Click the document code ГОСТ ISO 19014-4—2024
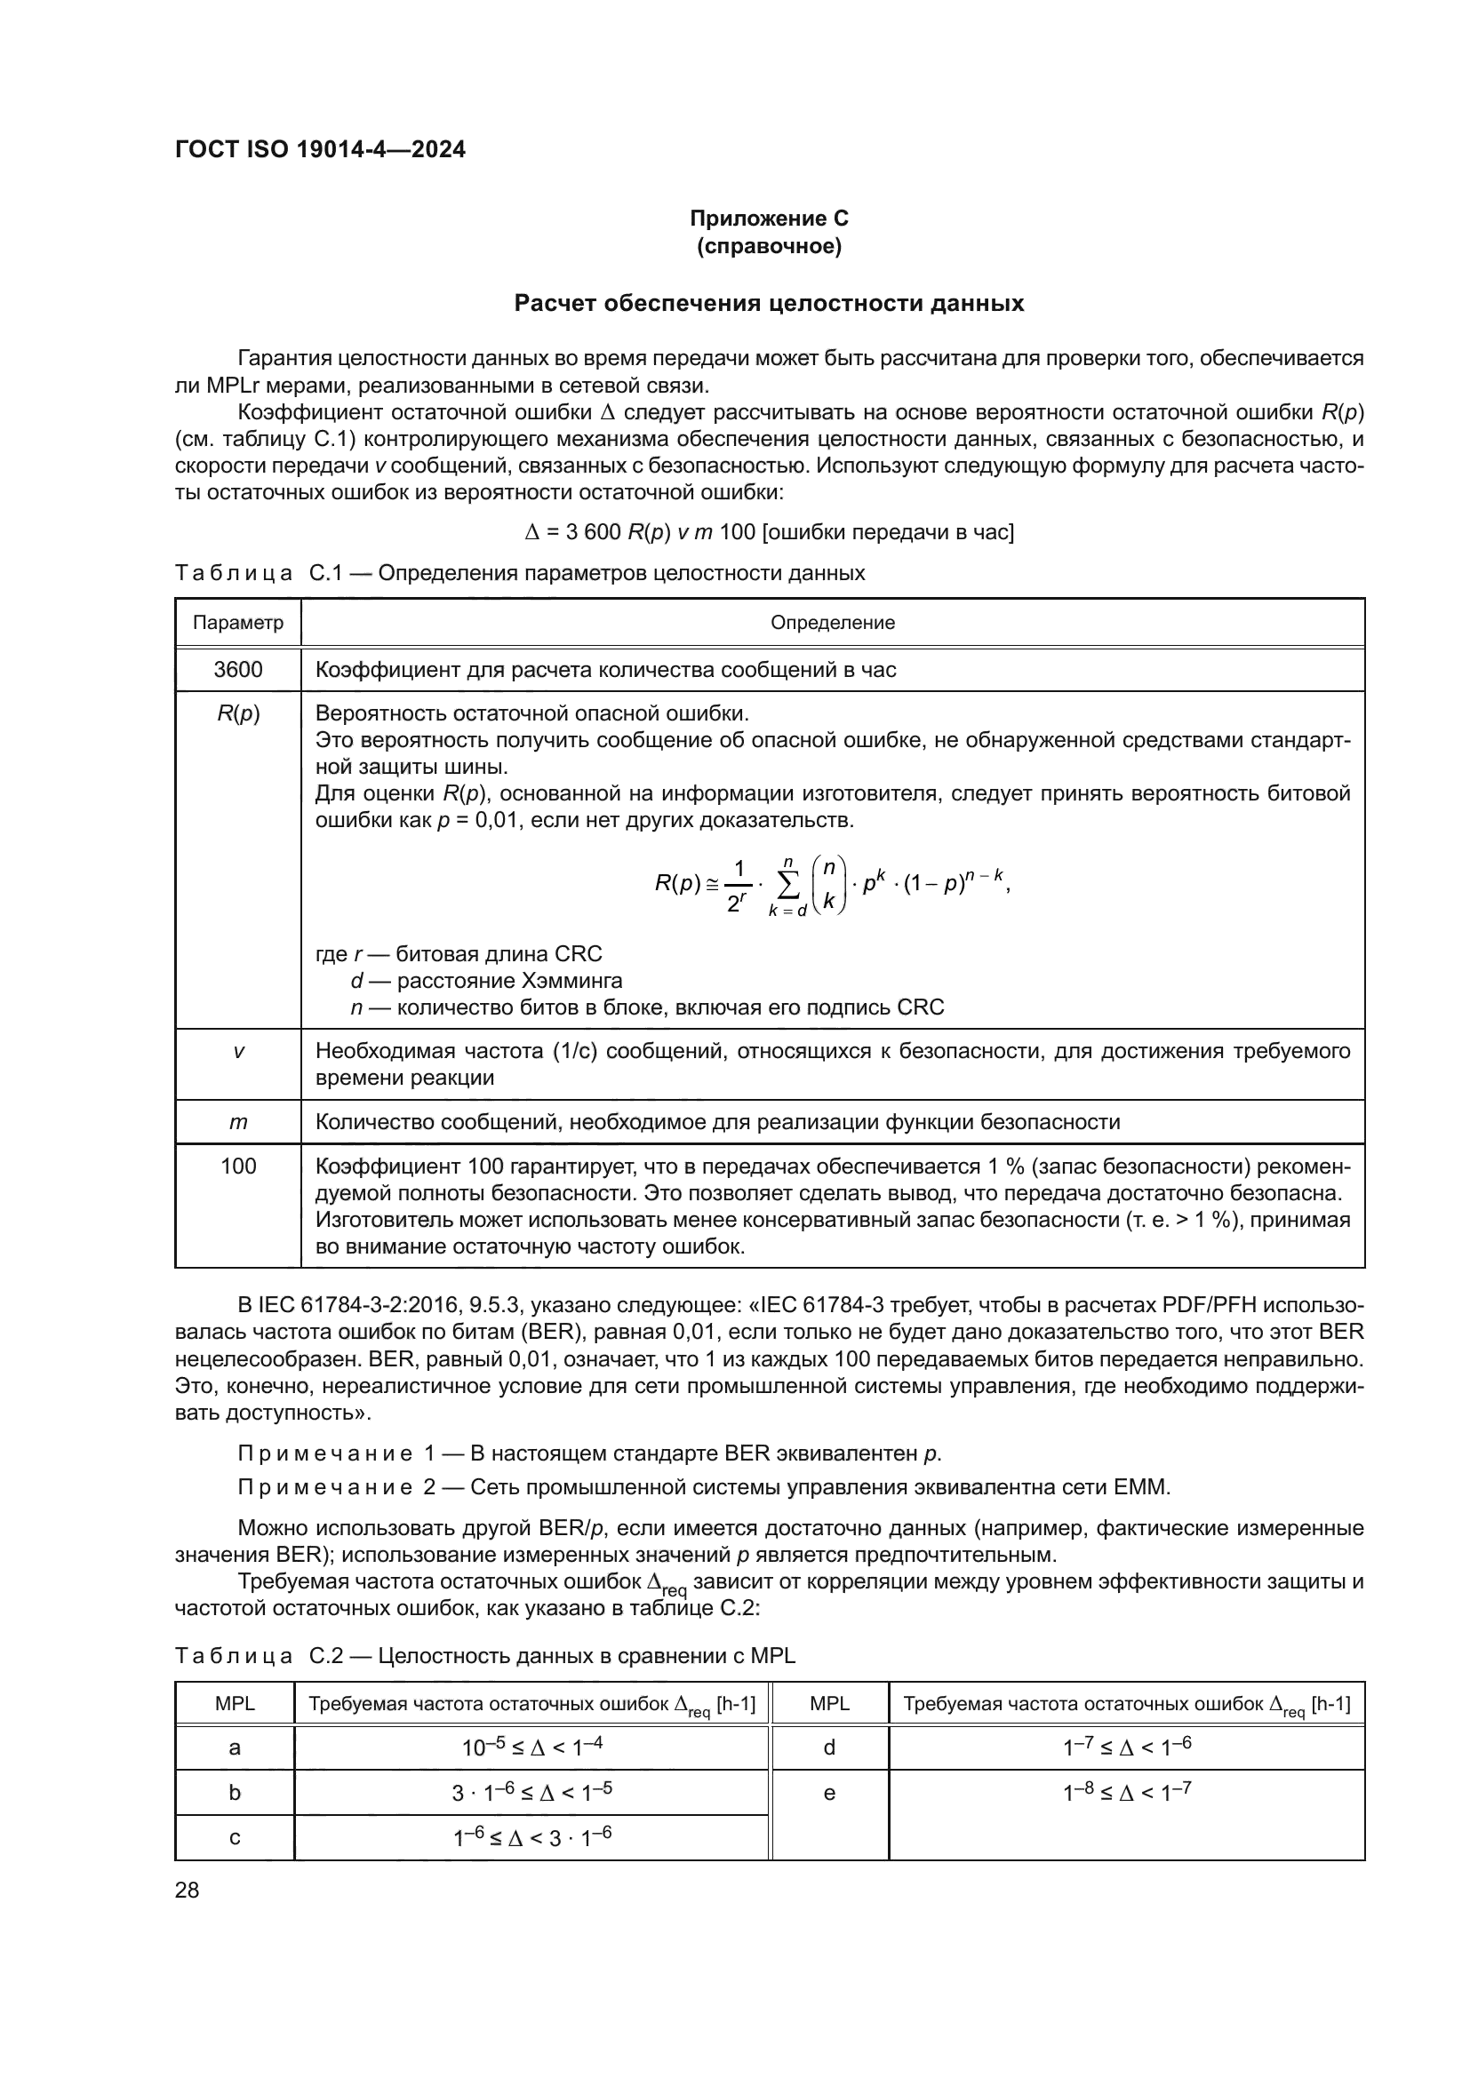tap(320, 149)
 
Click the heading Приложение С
tap(769, 219)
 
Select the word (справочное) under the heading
tap(769, 246)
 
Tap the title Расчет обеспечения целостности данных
tap(769, 303)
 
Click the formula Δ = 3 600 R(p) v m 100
tap(769, 531)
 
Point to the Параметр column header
tap(238, 623)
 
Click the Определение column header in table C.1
tap(832, 623)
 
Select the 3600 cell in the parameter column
tap(238, 670)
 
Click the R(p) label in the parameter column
tap(238, 713)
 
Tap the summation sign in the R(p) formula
tap(788, 885)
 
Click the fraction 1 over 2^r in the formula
tap(738, 885)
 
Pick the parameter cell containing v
tap(238, 1052)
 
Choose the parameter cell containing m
tap(238, 1122)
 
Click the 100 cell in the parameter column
tap(238, 1166)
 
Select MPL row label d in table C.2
tap(829, 1748)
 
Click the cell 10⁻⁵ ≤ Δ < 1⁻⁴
tap(531, 1748)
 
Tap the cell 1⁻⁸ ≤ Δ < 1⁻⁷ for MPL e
tap(1126, 1793)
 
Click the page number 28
tap(188, 1891)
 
